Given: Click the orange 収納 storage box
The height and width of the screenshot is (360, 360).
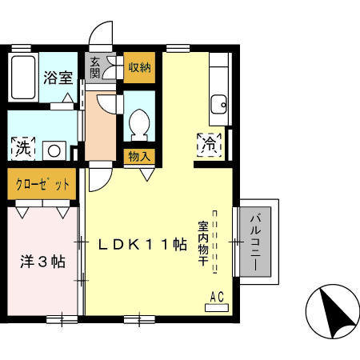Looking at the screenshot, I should click(x=139, y=66).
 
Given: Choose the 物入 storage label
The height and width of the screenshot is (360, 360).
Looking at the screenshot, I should click(x=139, y=155).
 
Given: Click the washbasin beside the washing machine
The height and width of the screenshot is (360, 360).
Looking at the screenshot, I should click(x=56, y=149).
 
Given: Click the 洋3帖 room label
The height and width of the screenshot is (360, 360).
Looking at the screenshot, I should click(x=42, y=262).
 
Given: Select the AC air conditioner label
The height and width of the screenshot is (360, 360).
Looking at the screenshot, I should click(x=216, y=298).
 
